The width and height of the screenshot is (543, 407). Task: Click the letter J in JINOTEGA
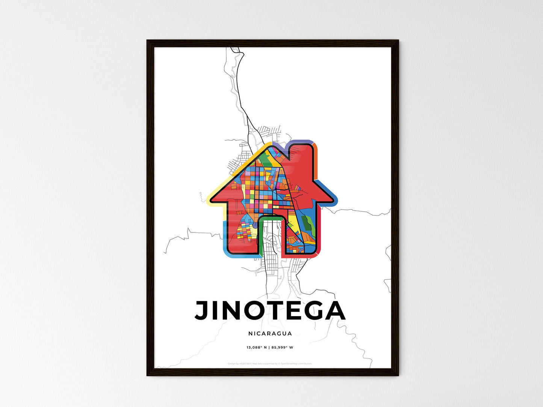click(x=202, y=311)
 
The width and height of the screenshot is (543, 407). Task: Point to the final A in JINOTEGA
click(x=334, y=311)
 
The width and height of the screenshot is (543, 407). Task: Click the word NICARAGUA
click(x=270, y=333)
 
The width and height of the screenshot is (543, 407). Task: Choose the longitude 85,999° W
click(x=282, y=347)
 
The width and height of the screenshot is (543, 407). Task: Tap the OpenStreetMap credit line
click(x=270, y=363)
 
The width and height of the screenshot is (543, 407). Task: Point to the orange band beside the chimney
click(x=316, y=158)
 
